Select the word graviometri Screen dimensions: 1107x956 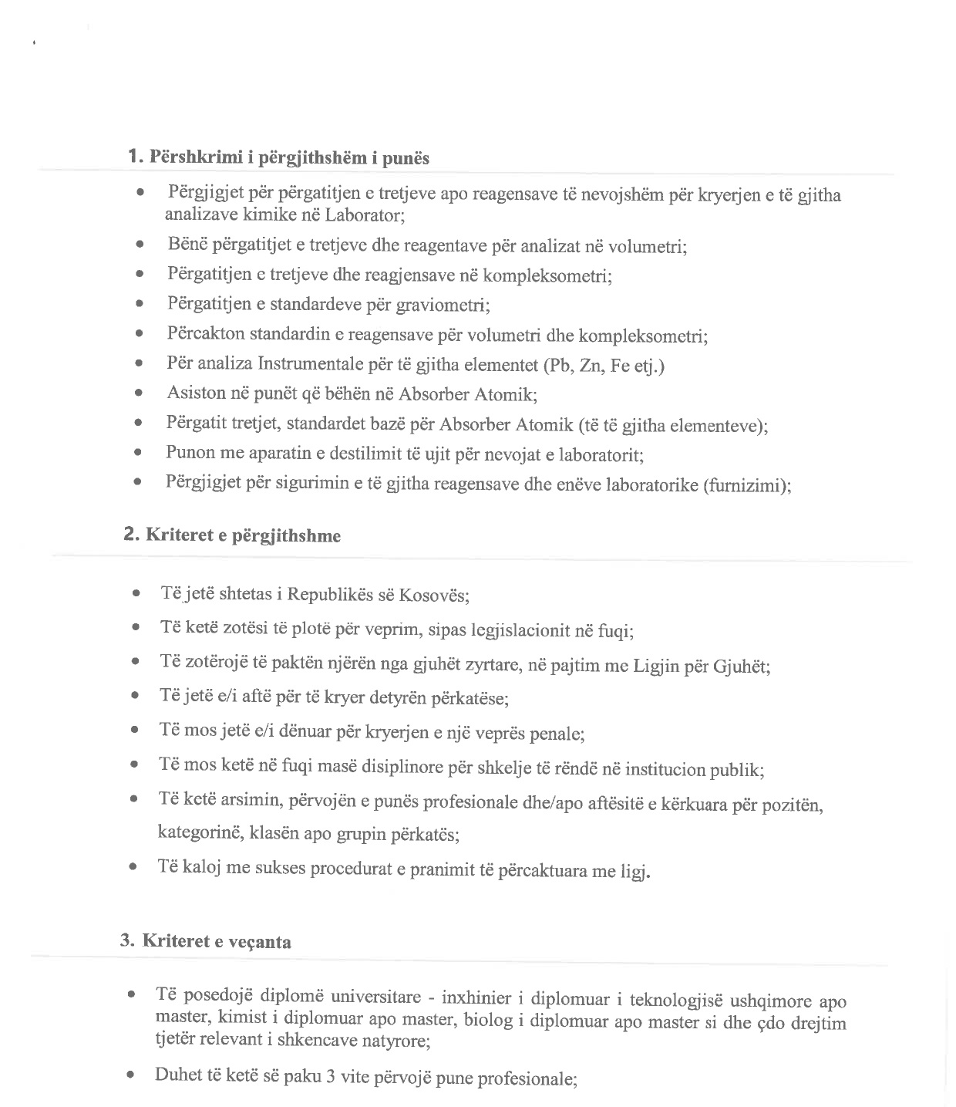(442, 305)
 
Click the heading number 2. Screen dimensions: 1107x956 (130, 534)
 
